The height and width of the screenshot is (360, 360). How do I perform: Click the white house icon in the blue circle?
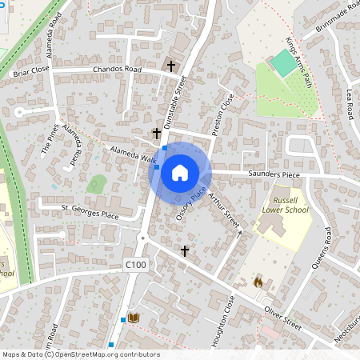pyautogui.click(x=180, y=172)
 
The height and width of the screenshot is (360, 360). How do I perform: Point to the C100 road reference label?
pyautogui.click(x=135, y=265)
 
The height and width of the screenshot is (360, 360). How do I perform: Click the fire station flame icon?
pyautogui.click(x=258, y=282)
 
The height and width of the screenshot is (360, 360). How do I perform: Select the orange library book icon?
pyautogui.click(x=134, y=318)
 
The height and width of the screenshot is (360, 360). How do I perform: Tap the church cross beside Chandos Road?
pyautogui.click(x=170, y=65)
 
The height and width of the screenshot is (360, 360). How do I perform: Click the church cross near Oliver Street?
pyautogui.click(x=185, y=250)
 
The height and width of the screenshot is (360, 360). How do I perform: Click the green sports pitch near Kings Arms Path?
pyautogui.click(x=284, y=63)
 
